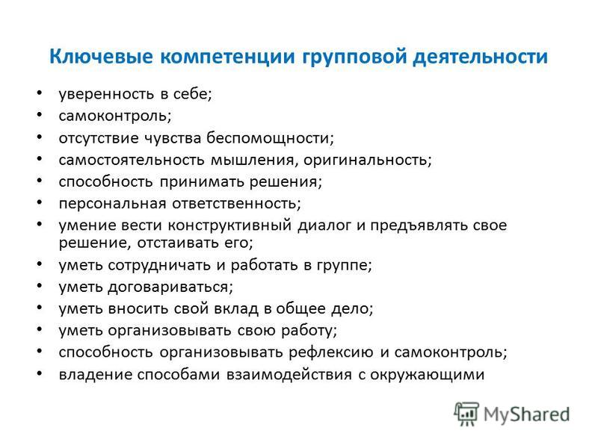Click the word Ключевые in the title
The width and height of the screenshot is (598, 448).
[x=101, y=57]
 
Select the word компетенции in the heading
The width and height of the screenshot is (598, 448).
[x=227, y=57]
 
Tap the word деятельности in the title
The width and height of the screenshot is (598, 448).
[x=480, y=57]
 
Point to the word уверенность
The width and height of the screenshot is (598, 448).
[x=106, y=95]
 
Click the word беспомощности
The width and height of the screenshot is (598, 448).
[x=270, y=138]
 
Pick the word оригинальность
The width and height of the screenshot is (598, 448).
[x=367, y=160]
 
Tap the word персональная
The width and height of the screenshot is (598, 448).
[x=113, y=204]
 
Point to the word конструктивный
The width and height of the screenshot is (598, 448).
[x=229, y=225]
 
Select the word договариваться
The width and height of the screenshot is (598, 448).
[x=170, y=287]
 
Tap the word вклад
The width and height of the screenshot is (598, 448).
[x=235, y=308]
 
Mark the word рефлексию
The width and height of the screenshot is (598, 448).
[x=330, y=352]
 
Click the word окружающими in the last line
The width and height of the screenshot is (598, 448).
[x=427, y=375]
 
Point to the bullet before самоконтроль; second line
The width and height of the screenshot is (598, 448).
[x=40, y=115]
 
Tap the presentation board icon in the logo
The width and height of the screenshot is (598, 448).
[x=466, y=414]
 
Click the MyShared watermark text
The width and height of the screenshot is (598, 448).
[x=526, y=414]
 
